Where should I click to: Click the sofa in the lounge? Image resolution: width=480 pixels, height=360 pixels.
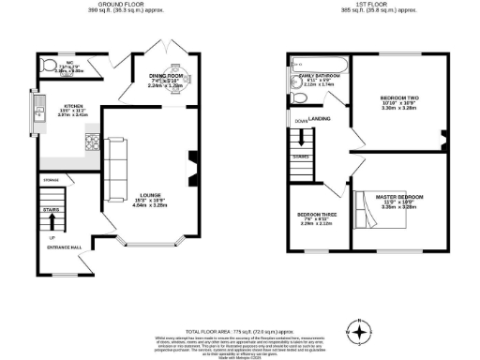[x=115, y=171]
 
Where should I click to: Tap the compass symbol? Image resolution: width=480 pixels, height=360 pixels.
[x=359, y=331]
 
